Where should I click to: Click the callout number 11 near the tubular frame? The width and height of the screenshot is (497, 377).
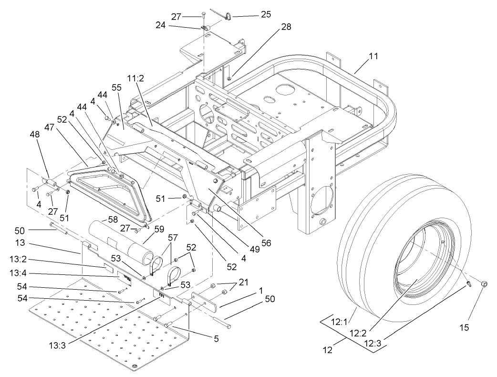click(373, 56)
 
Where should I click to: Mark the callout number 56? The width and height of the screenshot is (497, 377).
click(266, 242)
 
